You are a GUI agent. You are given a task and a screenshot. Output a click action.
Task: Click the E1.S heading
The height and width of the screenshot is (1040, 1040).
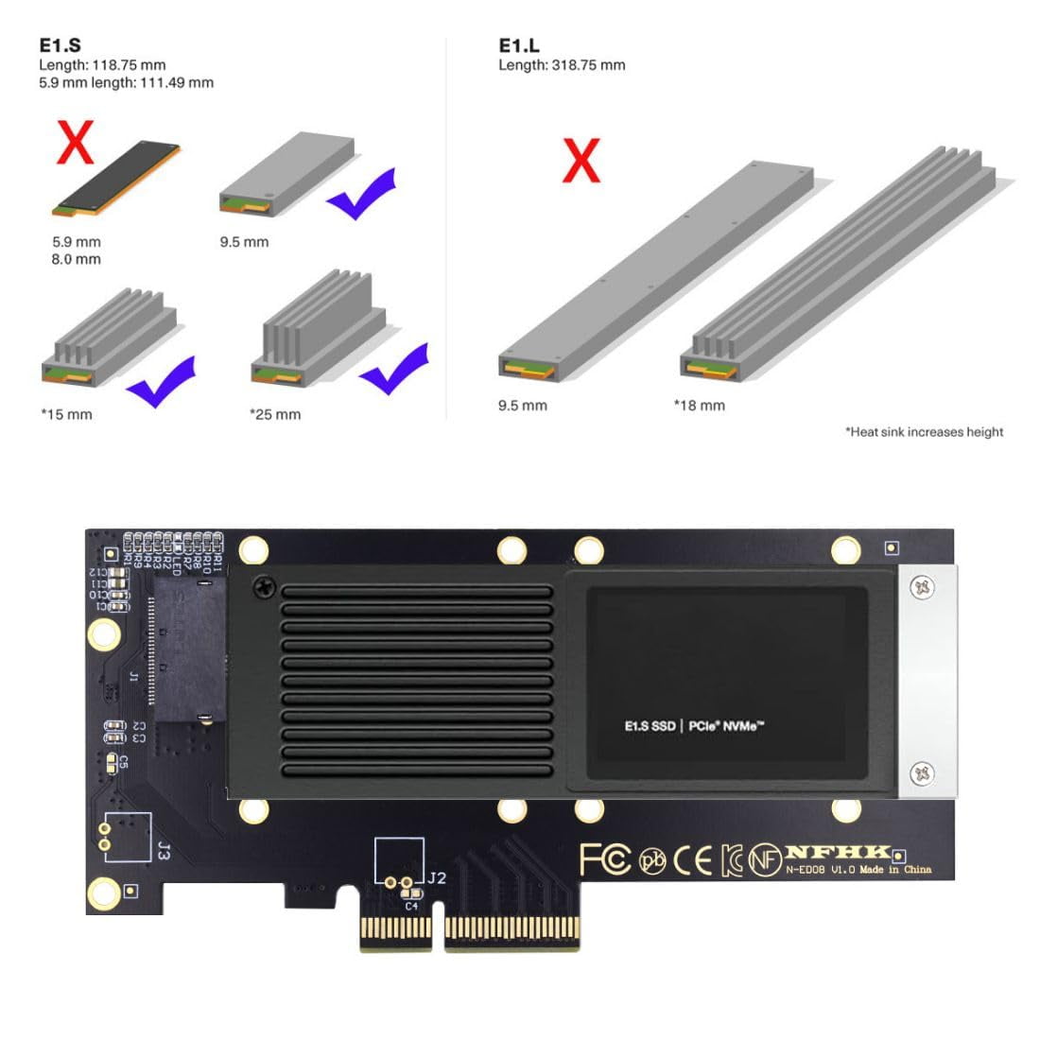(60, 45)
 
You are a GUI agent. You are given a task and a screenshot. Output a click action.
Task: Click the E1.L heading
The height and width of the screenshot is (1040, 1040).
(519, 45)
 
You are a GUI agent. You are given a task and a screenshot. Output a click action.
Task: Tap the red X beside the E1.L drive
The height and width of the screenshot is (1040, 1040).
(581, 161)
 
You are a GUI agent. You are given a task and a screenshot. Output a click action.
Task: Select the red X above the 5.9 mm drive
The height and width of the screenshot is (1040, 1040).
(76, 143)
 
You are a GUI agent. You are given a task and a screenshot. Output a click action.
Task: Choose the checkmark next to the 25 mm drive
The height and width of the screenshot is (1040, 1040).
(394, 369)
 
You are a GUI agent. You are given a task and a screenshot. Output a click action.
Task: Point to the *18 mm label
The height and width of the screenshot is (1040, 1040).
(699, 406)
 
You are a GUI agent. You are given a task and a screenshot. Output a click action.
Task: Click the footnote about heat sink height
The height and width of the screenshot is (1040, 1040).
(924, 432)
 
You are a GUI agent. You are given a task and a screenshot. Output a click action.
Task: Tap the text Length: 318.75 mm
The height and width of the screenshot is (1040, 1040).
(562, 65)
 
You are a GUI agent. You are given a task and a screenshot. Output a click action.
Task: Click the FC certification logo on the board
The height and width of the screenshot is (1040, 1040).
(605, 859)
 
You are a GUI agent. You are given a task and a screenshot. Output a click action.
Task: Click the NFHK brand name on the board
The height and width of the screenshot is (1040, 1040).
(838, 852)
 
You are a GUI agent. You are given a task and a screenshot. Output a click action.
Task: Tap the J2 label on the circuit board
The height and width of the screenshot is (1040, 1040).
(436, 878)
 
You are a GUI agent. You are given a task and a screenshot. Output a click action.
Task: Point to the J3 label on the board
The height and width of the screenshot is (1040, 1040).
(162, 850)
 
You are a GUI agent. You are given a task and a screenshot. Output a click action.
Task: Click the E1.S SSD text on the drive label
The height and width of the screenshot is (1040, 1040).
(650, 726)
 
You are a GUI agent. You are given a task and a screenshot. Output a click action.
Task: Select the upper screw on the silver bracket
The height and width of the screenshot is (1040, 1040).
(922, 588)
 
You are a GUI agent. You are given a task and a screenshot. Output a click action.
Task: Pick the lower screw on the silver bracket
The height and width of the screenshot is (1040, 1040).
(922, 773)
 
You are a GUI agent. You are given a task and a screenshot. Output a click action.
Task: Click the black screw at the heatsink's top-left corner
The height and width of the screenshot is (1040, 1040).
(263, 588)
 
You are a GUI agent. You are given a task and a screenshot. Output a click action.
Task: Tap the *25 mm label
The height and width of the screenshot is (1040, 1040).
(275, 414)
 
